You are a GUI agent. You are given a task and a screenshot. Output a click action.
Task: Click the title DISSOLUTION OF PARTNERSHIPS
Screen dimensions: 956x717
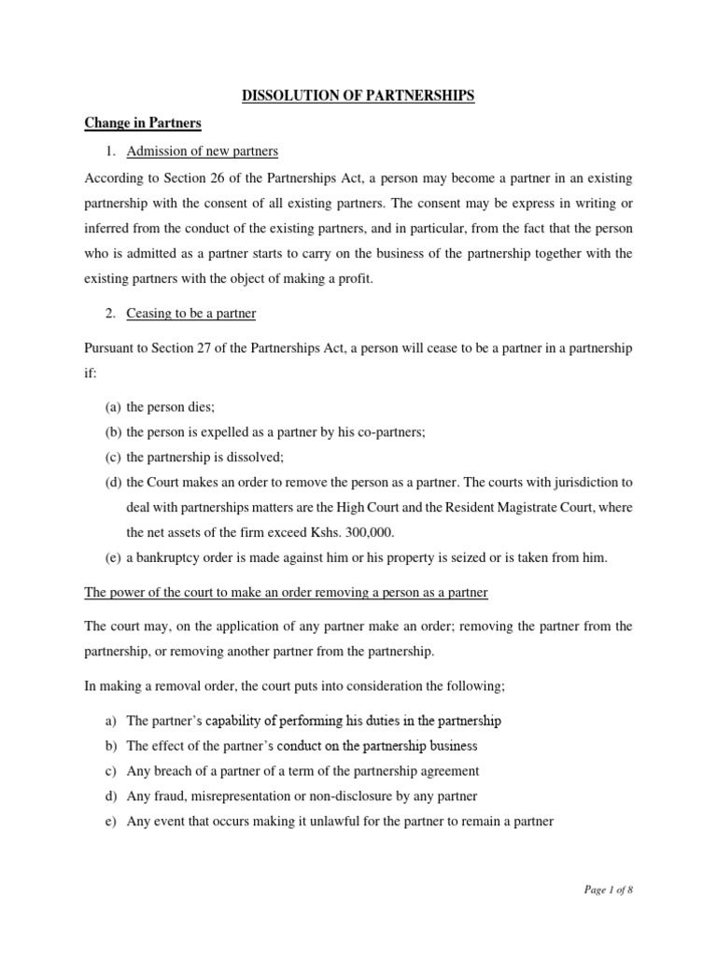coord(358,96)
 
